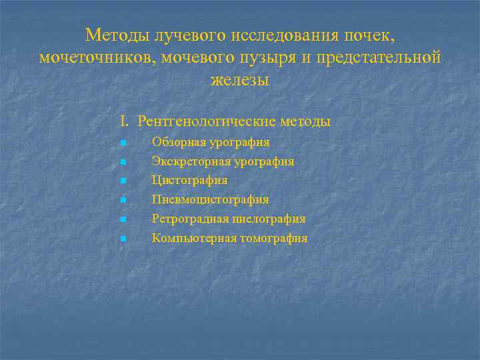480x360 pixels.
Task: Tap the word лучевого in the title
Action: [x=181, y=34]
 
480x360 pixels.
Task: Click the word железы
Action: [x=239, y=80]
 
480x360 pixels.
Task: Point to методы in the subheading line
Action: [x=305, y=121]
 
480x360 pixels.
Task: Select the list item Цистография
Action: [x=189, y=180]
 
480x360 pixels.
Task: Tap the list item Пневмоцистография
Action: [x=210, y=199]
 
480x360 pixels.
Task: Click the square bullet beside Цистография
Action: [x=123, y=181]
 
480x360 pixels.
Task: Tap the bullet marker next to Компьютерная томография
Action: [x=123, y=239]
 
